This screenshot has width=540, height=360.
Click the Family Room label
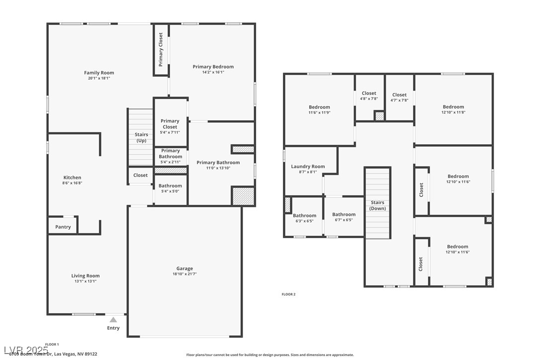coord(99,73)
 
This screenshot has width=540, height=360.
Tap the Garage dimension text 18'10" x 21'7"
coord(184,274)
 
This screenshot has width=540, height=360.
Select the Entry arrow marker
coord(113,320)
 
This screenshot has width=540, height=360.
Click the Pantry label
coord(63,227)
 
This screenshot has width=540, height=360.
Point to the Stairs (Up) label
coord(141,138)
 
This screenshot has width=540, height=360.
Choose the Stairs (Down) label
coord(377,205)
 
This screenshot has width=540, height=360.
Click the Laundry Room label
coord(308,167)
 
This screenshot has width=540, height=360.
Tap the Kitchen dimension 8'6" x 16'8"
coord(72,183)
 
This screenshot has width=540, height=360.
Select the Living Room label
coord(86,275)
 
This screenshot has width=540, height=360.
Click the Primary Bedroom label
coord(213,67)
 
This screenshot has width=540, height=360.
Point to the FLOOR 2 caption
coord(288,294)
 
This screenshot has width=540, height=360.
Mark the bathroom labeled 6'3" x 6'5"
coord(304,218)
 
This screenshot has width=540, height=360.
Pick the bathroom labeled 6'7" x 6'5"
coord(344,217)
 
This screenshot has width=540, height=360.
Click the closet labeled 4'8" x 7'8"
coord(369,95)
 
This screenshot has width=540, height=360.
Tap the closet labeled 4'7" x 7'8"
coord(399,97)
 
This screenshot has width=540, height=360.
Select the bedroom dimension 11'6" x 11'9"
coord(319,112)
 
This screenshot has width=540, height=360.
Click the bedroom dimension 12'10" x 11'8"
coord(453,112)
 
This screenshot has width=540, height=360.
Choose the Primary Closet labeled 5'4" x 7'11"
coord(170,126)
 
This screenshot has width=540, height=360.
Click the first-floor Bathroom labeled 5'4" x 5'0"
coord(170,188)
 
